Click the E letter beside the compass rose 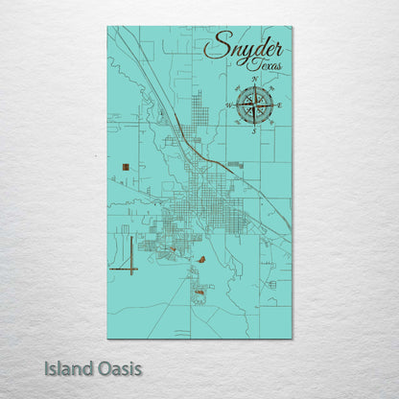[278, 104]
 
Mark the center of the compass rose [254, 105]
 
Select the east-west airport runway [124, 270]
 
